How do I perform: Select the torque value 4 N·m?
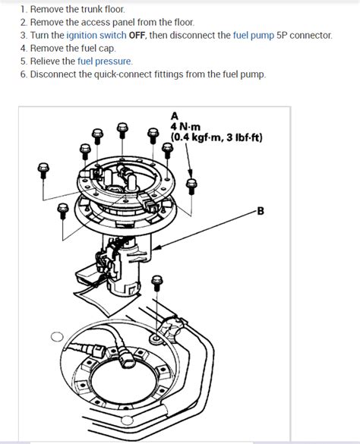[x=186, y=127]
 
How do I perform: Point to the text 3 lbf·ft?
[x=242, y=137]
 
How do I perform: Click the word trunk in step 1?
[x=98, y=10]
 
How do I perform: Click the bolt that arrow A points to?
[x=191, y=185]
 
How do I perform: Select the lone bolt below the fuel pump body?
[x=157, y=281]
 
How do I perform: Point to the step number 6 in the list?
[x=24, y=74]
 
